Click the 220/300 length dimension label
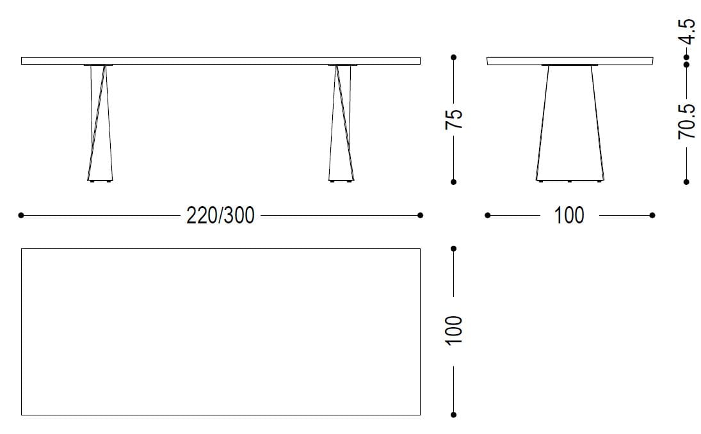point(220,216)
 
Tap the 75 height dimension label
point(453,120)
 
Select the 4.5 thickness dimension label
point(686,31)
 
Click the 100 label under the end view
point(569,216)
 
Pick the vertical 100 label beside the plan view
point(453,331)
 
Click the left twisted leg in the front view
point(99,125)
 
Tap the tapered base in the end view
point(569,125)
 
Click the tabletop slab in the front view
point(220,61)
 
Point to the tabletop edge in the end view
point(569,61)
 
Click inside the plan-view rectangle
point(220,332)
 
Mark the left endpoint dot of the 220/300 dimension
point(21,216)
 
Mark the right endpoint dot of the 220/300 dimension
point(420,216)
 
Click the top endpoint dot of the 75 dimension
point(453,58)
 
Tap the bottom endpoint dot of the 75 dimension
point(453,182)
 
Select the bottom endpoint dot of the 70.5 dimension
point(686,182)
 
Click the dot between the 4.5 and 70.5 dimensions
point(686,63)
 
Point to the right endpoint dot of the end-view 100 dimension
point(652,216)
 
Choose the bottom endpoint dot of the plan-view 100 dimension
point(453,415)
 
